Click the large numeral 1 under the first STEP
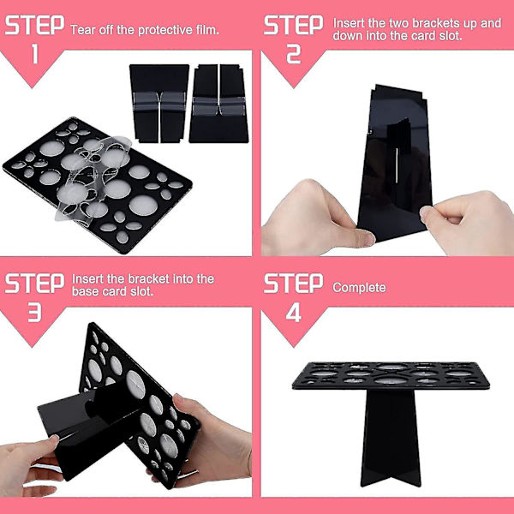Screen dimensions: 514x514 (35, 54)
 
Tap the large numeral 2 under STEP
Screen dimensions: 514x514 (293, 54)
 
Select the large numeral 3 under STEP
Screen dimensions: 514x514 (35, 312)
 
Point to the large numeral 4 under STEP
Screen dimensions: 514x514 (293, 312)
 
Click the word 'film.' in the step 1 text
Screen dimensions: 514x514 (207, 30)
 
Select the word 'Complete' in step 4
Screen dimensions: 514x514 (359, 288)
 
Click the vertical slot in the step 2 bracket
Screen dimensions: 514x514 (397, 164)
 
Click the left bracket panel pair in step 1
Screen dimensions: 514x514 (158, 104)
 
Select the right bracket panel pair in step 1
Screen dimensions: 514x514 (218, 104)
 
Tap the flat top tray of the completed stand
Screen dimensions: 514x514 (391, 376)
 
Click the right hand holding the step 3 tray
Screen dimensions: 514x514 (210, 439)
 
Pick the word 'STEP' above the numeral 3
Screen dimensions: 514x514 (35, 284)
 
